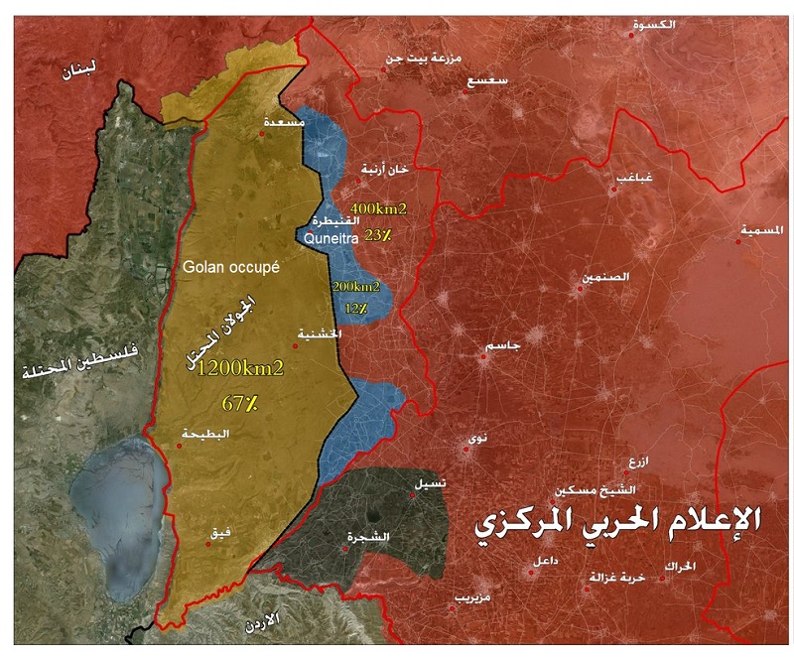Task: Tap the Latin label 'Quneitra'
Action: (329, 238)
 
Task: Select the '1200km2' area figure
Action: (240, 368)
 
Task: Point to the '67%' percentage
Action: (239, 404)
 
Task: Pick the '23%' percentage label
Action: (378, 235)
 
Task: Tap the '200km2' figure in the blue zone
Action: (356, 287)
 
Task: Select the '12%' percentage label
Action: (356, 309)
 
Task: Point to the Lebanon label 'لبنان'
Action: (77, 72)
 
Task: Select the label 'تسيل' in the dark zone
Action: (430, 482)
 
